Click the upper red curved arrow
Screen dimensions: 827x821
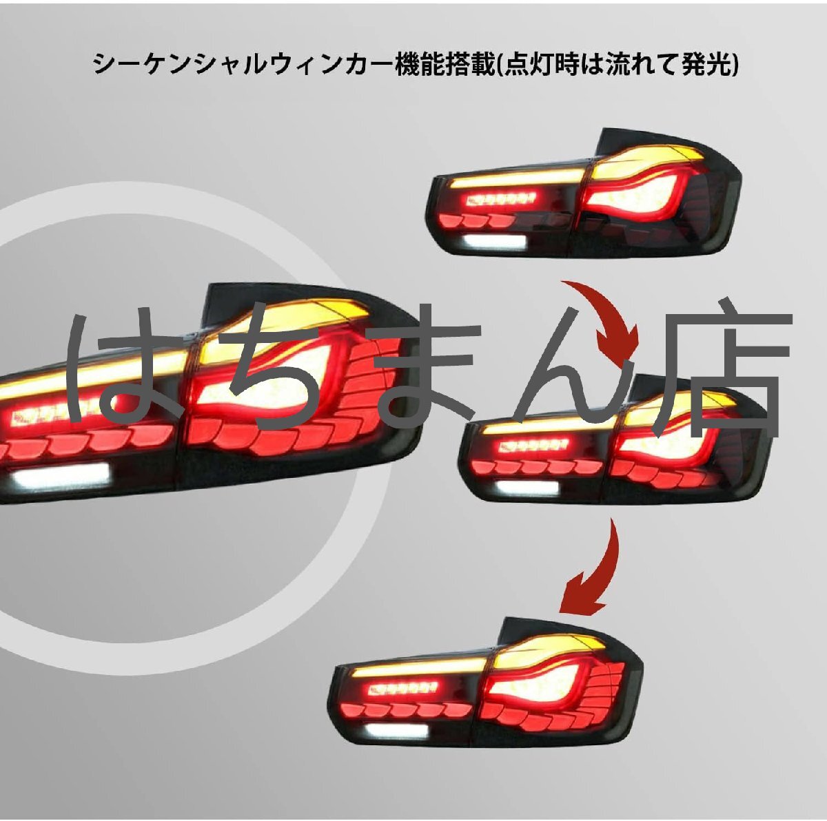point(605,314)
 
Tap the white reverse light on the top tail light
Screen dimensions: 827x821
point(491,242)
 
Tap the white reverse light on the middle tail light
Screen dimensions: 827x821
point(527,488)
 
